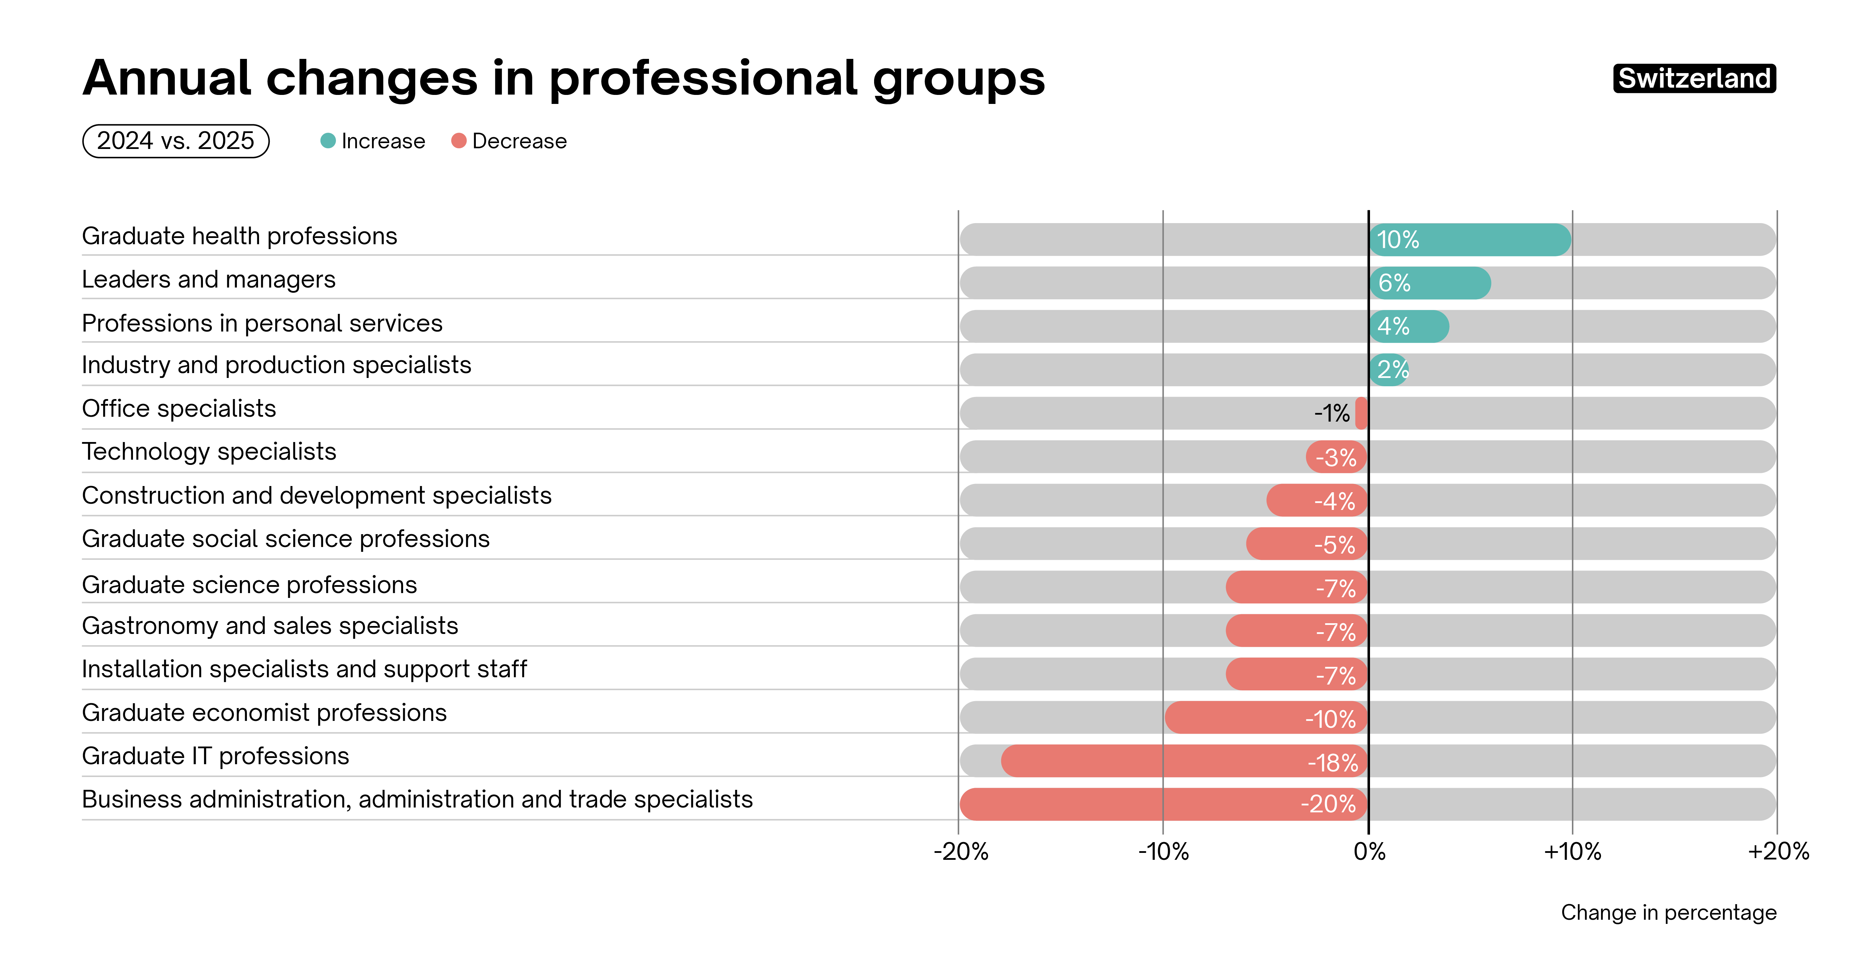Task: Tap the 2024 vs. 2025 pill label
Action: tap(175, 141)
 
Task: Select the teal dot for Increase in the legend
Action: tap(328, 141)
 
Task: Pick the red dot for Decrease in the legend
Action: tap(458, 141)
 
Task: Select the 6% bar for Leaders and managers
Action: tap(1430, 283)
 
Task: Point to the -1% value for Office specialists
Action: tap(1332, 414)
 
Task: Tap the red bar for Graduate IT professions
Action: tap(1184, 761)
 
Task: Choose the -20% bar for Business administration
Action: tap(1163, 804)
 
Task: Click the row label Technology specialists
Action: tap(209, 452)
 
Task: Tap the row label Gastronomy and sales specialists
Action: tap(270, 626)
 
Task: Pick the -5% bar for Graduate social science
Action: tap(1306, 544)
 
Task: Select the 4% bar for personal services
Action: tap(1409, 326)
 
